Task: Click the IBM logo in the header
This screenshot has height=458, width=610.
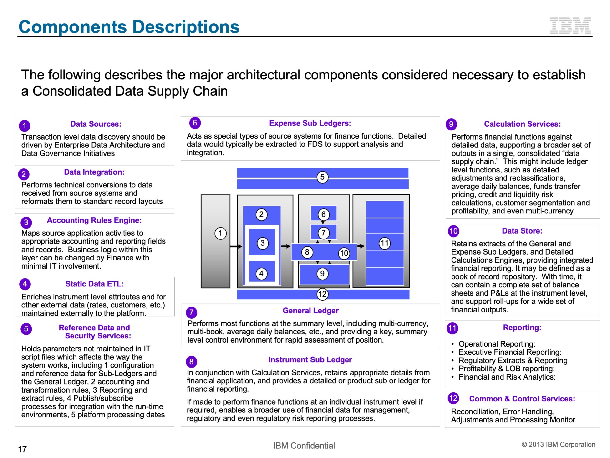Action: (570, 26)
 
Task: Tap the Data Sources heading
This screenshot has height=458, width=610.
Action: (96, 124)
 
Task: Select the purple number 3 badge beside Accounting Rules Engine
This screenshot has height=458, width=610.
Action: (26, 222)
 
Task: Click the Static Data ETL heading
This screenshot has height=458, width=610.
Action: (95, 284)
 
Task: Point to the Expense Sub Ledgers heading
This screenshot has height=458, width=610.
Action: (310, 123)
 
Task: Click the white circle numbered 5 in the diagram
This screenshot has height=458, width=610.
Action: (322, 177)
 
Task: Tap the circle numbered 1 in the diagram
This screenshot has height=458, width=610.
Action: (220, 233)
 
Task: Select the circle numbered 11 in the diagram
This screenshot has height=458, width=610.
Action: (384, 243)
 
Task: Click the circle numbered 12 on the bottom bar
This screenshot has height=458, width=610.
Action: (322, 294)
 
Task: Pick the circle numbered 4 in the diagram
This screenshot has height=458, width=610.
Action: (261, 274)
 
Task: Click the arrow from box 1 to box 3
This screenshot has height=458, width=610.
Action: (236, 246)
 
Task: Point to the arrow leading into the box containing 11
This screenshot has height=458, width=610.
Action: (361, 246)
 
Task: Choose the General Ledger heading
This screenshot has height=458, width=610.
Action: (310, 311)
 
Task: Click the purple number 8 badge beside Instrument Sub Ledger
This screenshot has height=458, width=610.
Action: (191, 362)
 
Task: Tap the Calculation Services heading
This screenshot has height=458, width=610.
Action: (522, 124)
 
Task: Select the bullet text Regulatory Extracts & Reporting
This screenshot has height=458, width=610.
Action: (513, 360)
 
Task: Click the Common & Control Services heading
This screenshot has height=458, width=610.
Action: (522, 399)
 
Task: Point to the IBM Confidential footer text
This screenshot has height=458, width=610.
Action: (304, 446)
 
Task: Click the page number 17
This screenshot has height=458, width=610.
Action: (22, 449)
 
